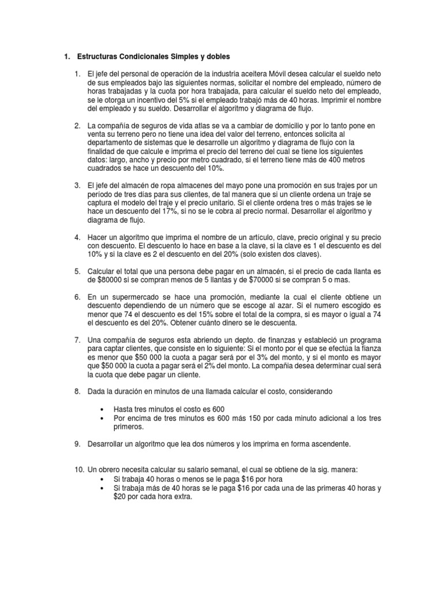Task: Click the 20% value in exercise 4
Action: click(x=224, y=255)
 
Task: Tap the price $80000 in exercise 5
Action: click(x=106, y=280)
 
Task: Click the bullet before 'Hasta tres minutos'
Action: click(x=103, y=409)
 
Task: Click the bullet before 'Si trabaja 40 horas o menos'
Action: click(x=103, y=479)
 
